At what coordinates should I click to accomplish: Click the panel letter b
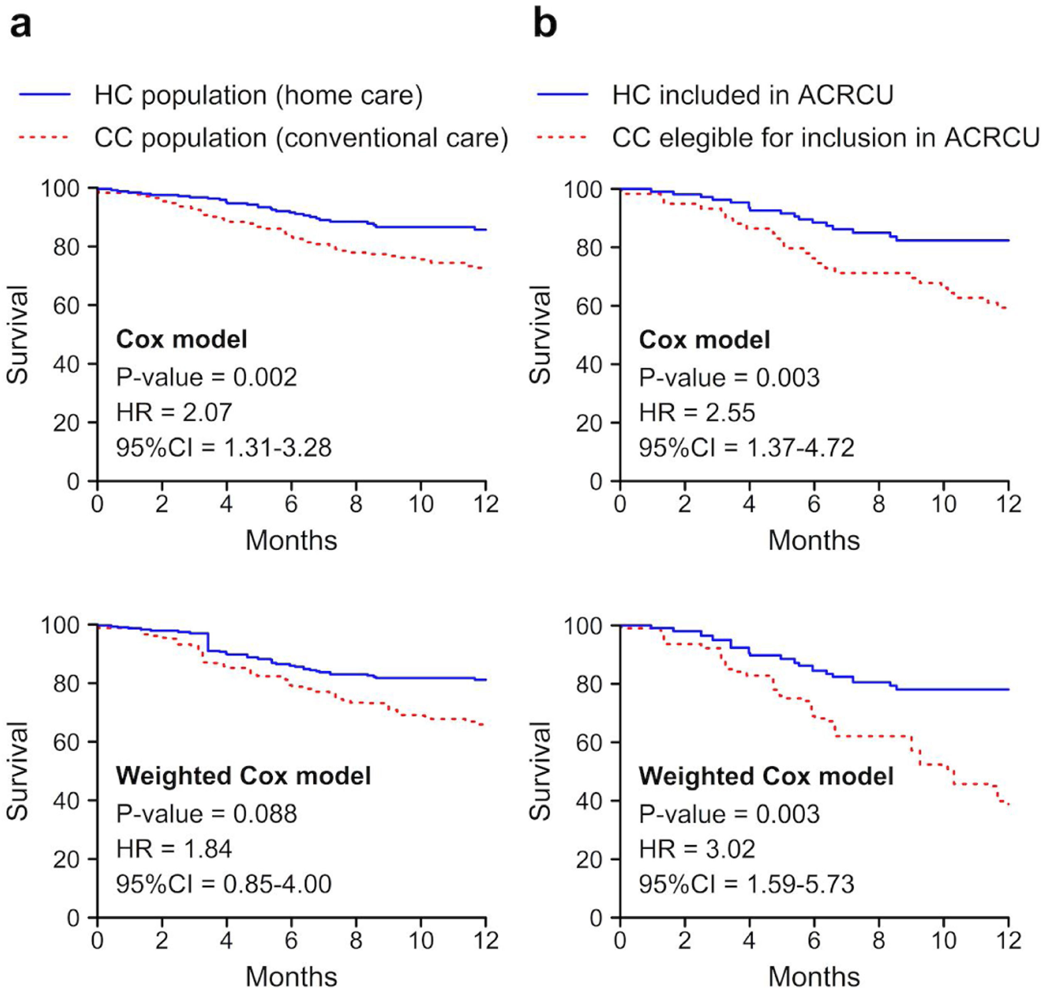(x=545, y=24)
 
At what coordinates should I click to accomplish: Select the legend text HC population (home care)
(x=258, y=96)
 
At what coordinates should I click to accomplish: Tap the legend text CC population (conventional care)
(x=301, y=138)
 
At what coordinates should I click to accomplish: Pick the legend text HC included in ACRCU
(x=752, y=96)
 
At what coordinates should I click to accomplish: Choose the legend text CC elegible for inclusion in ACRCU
(x=825, y=138)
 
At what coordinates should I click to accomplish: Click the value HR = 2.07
(x=174, y=412)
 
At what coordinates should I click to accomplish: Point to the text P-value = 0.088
(x=207, y=814)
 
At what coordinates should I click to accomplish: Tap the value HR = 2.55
(x=697, y=413)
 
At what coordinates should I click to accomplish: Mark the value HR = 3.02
(x=697, y=849)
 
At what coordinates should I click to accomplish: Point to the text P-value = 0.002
(x=207, y=377)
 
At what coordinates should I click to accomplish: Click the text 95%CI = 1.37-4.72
(x=746, y=448)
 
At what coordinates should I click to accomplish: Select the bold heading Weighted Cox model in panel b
(x=766, y=777)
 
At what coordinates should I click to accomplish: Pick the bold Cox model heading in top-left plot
(x=181, y=340)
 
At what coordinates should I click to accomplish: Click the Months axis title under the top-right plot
(x=813, y=541)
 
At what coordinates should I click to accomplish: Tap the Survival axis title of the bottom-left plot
(x=17, y=771)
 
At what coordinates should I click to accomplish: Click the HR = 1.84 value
(x=174, y=849)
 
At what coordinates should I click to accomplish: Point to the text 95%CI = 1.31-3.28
(x=224, y=448)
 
